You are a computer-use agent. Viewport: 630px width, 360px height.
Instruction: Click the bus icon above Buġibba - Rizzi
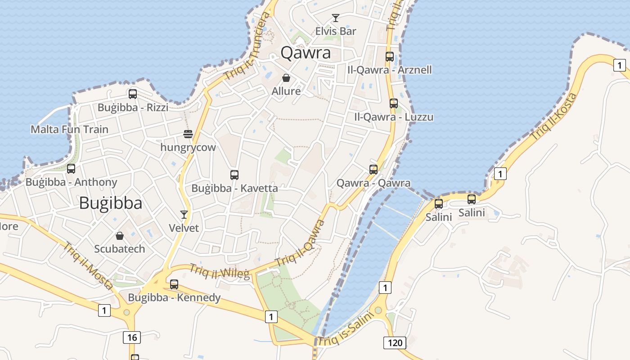(x=132, y=94)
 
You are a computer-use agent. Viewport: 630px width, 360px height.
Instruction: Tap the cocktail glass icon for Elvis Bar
(x=335, y=18)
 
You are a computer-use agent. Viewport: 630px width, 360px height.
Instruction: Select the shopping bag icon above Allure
(x=286, y=78)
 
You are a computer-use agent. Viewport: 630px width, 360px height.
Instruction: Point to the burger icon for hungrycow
(x=188, y=134)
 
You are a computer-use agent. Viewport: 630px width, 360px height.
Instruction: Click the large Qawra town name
(x=306, y=53)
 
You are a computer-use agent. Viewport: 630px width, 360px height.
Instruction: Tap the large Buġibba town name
(x=111, y=203)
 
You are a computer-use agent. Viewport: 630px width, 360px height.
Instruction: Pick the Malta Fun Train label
(x=69, y=130)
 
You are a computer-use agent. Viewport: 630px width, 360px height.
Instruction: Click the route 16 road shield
(x=132, y=337)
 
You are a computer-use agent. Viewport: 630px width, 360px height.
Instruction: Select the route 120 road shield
(x=395, y=343)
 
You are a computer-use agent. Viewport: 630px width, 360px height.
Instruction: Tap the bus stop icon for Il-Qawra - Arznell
(x=390, y=57)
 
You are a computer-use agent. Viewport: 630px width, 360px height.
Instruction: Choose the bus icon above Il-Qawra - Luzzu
(x=394, y=103)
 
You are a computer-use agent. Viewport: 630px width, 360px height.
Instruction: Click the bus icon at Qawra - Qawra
(x=373, y=170)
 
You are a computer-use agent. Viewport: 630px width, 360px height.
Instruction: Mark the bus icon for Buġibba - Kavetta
(x=234, y=175)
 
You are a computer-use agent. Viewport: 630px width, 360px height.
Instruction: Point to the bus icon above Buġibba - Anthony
(x=71, y=169)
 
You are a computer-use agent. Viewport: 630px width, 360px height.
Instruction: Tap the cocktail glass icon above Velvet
(x=184, y=215)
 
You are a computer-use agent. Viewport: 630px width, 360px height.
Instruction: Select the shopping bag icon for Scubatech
(x=120, y=235)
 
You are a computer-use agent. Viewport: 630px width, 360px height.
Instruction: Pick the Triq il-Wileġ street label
(x=219, y=271)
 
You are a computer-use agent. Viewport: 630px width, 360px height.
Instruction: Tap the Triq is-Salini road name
(x=346, y=329)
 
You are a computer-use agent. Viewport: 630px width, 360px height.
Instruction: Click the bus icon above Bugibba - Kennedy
(x=174, y=284)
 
